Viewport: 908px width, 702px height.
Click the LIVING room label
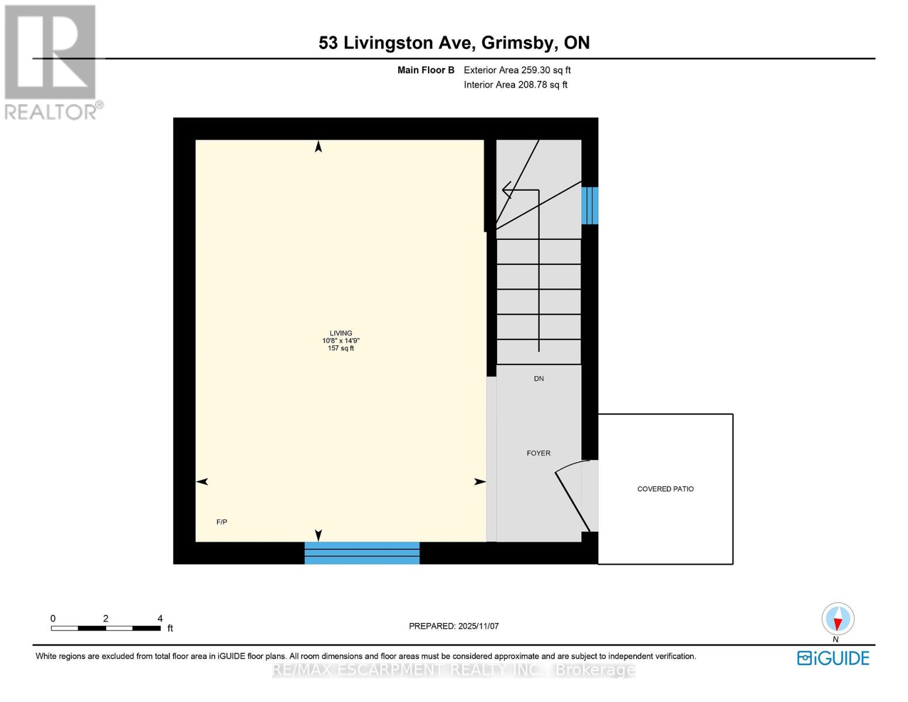pyautogui.click(x=341, y=333)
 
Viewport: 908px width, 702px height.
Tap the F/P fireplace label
pyautogui.click(x=222, y=522)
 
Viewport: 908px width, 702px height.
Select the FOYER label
pyautogui.click(x=538, y=453)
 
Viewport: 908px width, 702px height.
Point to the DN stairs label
pyautogui.click(x=538, y=378)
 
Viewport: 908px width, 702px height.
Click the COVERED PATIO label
pyautogui.click(x=665, y=489)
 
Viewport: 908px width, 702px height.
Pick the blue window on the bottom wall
pyautogui.click(x=362, y=553)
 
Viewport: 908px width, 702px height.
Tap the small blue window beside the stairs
pyautogui.click(x=589, y=205)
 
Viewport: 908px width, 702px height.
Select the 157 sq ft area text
pyautogui.click(x=341, y=349)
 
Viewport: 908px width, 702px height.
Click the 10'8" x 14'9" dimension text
pyautogui.click(x=341, y=340)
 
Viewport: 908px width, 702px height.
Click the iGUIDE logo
pyautogui.click(x=833, y=658)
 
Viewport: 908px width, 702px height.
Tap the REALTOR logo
pyautogui.click(x=51, y=61)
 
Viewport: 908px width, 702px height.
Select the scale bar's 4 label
pyautogui.click(x=160, y=618)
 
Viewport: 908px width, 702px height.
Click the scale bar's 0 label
pyautogui.click(x=53, y=618)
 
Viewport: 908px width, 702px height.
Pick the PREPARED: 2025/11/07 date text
pyautogui.click(x=454, y=626)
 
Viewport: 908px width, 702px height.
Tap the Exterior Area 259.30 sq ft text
pyautogui.click(x=517, y=70)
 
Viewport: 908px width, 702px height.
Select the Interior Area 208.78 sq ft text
pyautogui.click(x=516, y=85)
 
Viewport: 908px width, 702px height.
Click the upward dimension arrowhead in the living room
pyautogui.click(x=318, y=146)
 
